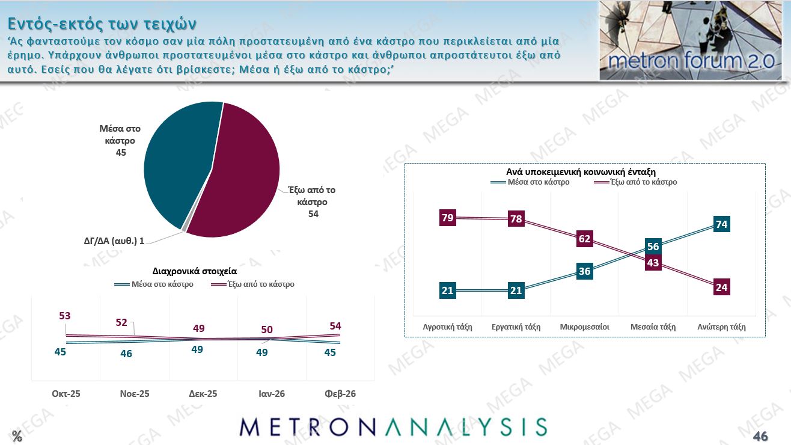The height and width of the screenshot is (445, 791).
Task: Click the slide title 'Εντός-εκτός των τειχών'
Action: pos(102,23)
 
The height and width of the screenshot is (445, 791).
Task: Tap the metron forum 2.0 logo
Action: pos(690,41)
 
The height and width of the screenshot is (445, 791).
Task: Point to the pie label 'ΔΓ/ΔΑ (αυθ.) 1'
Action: pos(114,241)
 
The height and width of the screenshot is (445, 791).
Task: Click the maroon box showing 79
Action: pos(447,218)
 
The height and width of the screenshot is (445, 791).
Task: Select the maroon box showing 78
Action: pos(516,219)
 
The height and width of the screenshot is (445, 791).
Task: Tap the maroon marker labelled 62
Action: pos(584,239)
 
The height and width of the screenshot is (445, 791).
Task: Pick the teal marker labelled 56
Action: pos(653,247)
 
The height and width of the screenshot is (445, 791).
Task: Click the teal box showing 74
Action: pos(721,224)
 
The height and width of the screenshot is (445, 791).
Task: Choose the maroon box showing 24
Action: pos(721,287)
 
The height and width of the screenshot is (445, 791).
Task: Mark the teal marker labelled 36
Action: pos(584,271)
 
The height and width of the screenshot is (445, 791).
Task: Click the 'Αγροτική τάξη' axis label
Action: pos(447,327)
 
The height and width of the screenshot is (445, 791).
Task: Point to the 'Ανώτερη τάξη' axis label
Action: pos(721,327)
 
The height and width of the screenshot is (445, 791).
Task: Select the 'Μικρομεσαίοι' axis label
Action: pos(584,327)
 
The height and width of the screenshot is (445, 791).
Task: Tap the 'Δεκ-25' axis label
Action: pos(203,394)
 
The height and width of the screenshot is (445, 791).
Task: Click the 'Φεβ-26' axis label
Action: pos(340,394)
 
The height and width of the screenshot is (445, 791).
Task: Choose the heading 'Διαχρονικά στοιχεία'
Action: pos(203,271)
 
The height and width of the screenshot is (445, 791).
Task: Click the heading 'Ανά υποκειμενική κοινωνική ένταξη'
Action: pos(585,171)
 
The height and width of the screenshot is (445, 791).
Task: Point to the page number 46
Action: pos(760,435)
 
